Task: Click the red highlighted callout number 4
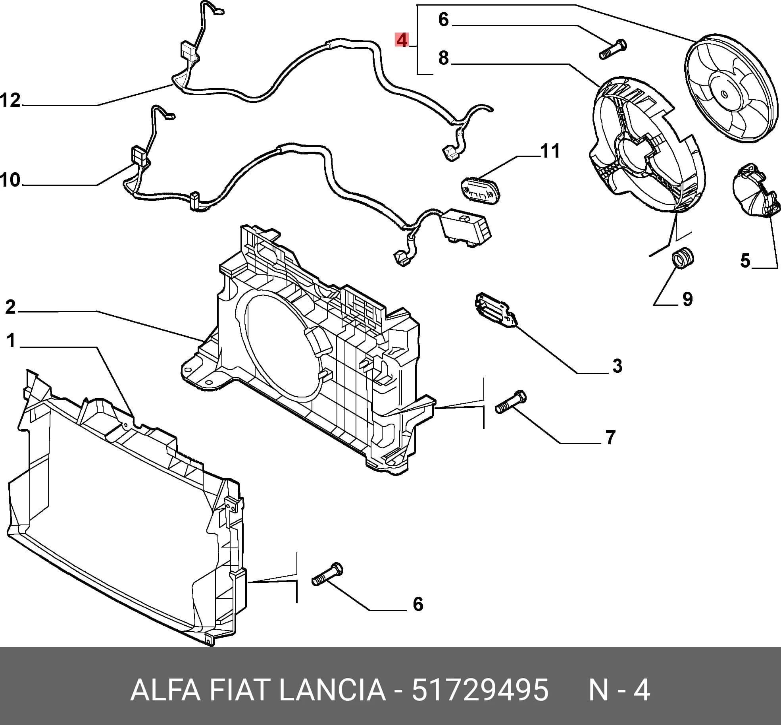click(402, 40)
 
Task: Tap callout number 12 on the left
click(10, 100)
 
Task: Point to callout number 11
click(550, 151)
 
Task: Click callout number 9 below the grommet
click(687, 299)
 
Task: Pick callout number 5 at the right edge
click(745, 260)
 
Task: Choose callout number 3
click(617, 366)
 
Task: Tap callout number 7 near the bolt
click(610, 437)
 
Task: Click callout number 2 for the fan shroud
click(10, 307)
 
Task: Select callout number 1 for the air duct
click(11, 340)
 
